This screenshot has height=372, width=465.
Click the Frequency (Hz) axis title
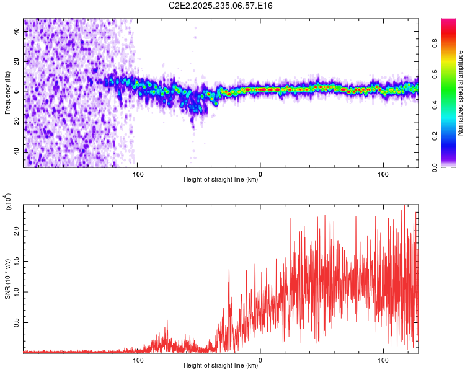[7, 92]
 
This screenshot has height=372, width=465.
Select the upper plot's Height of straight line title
[221, 180]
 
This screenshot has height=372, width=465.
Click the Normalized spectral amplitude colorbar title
[461, 93]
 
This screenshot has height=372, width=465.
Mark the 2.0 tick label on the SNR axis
[17, 230]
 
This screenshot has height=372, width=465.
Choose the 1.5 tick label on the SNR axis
[17, 261]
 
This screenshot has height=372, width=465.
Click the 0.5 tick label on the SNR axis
[17, 323]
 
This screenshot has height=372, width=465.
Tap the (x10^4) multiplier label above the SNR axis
[8, 202]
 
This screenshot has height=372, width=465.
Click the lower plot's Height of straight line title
[221, 366]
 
